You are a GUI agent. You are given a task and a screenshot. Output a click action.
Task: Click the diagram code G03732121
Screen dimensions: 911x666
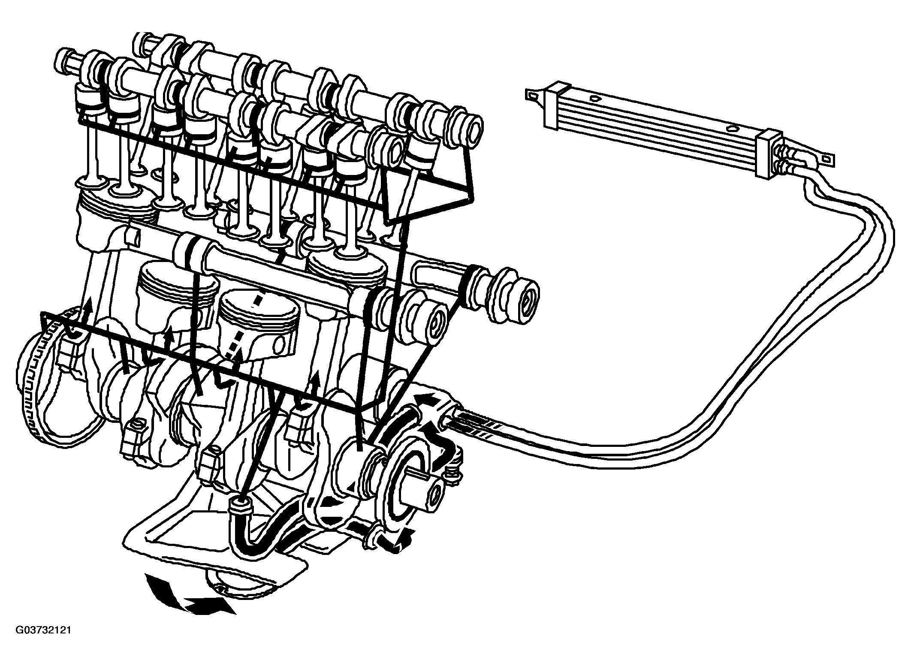43,630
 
